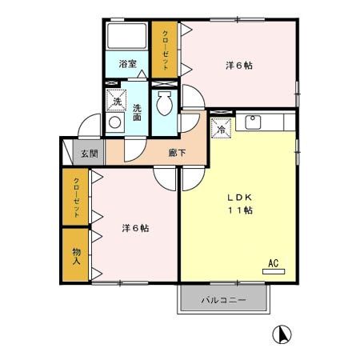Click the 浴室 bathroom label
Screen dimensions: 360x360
127,64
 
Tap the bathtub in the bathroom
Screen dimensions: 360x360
126,38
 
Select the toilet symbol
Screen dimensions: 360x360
165,103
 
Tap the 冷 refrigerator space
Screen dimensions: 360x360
221,127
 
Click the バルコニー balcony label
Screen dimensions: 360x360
222,300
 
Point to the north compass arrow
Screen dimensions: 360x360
282,335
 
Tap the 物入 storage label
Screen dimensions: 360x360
76,255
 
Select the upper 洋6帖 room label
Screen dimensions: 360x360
238,66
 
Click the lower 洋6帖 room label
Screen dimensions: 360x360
135,228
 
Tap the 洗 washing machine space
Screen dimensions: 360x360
117,102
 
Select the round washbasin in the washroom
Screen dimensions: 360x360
115,123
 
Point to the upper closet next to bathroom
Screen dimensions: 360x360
166,50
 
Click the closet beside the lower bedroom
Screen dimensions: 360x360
76,198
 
